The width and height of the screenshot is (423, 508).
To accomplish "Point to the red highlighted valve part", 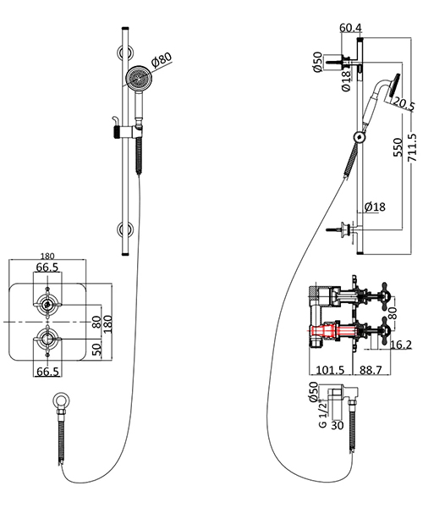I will tap(325, 331).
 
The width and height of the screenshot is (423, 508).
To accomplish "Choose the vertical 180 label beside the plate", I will tap(108, 323).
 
